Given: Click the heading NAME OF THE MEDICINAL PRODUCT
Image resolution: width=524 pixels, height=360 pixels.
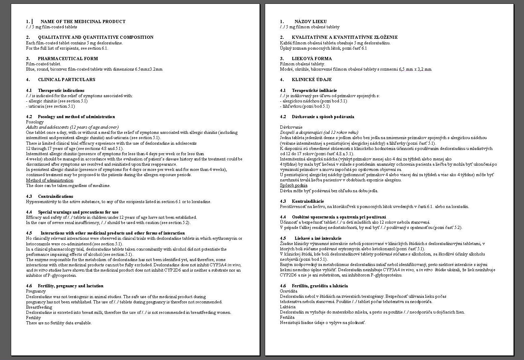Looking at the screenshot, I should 83,22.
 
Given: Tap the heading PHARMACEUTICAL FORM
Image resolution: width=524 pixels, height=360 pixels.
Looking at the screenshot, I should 68,59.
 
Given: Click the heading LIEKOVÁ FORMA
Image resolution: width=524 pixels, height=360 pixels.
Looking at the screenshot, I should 312,59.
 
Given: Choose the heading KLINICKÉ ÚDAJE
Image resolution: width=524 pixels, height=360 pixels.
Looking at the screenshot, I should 312,80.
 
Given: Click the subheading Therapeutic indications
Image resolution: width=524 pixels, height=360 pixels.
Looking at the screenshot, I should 61,91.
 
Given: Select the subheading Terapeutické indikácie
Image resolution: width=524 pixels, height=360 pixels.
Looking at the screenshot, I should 314,91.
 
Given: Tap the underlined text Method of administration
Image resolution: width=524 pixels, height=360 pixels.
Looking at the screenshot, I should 50,180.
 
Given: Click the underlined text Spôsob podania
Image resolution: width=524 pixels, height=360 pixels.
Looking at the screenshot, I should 293,185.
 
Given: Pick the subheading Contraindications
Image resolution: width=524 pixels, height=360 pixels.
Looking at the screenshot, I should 56,196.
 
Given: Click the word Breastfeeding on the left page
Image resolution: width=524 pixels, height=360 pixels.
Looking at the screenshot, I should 39,307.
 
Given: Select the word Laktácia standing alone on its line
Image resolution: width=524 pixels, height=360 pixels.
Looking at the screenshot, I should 288,307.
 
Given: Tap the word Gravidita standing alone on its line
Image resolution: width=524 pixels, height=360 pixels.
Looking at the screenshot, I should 289,291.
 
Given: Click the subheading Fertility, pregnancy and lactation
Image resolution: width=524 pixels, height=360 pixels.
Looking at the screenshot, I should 71,286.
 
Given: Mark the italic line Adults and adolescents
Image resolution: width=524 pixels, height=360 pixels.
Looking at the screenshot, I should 72,127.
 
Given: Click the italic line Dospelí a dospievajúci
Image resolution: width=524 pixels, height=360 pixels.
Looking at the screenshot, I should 319,132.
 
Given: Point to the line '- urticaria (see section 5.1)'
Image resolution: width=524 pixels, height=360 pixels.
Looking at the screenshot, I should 51,106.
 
